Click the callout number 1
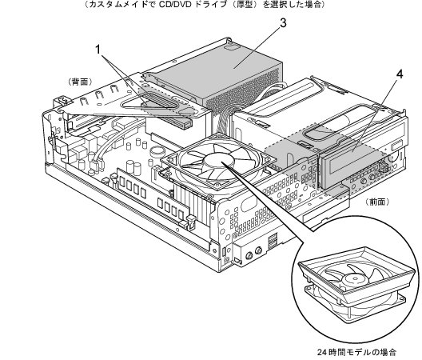(x=98, y=50)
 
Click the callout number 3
(x=283, y=23)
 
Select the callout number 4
(x=400, y=74)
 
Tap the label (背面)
(x=80, y=82)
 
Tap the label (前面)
(x=377, y=202)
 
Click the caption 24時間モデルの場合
(x=356, y=352)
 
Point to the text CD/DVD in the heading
(x=175, y=5)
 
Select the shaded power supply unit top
(x=215, y=73)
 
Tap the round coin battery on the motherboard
(x=157, y=151)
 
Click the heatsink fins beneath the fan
(x=193, y=199)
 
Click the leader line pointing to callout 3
(x=257, y=48)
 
